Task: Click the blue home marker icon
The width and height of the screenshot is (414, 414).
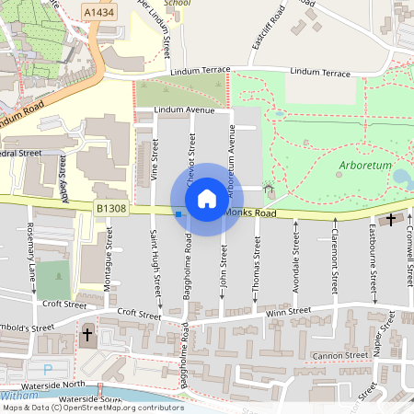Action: (207, 198)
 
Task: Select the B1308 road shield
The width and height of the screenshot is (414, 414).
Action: (109, 210)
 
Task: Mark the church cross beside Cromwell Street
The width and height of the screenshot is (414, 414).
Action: (392, 219)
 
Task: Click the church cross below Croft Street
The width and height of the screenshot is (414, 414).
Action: (88, 335)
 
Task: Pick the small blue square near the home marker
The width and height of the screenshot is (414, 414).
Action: (178, 214)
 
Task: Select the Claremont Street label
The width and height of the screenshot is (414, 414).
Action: (331, 254)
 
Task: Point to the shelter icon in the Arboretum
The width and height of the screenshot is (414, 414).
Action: (270, 189)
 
